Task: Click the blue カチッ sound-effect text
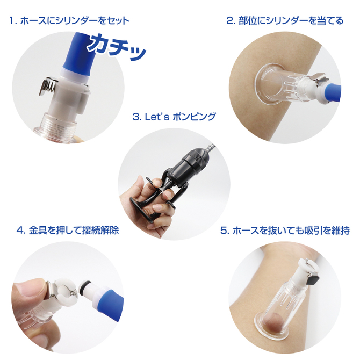coord(117,47)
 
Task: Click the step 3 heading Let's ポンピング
coord(174,117)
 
